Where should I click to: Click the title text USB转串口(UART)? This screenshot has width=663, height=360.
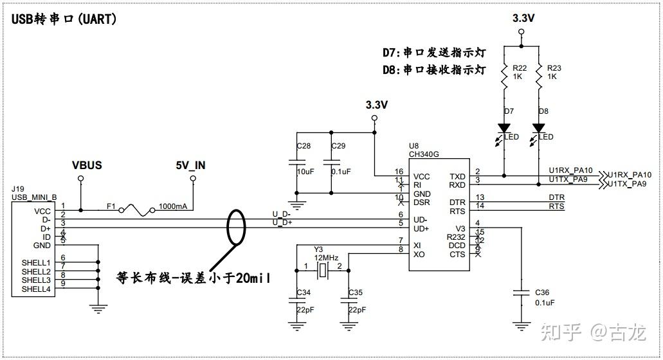pyautogui.click(x=64, y=19)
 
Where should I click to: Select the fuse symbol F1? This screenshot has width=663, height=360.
pyautogui.click(x=137, y=210)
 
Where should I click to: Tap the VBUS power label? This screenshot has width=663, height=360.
pyautogui.click(x=87, y=165)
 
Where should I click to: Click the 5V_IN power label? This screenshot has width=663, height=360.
pyautogui.click(x=191, y=165)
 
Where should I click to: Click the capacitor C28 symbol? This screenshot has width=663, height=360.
pyautogui.click(x=296, y=164)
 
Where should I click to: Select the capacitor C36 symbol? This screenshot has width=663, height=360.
pyautogui.click(x=520, y=293)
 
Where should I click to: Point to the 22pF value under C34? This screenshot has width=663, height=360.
pyautogui.click(x=305, y=309)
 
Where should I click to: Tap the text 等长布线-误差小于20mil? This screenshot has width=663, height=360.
pyautogui.click(x=193, y=278)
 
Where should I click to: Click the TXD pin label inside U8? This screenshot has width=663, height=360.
pyautogui.click(x=457, y=177)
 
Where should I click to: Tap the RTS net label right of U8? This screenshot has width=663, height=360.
pyautogui.click(x=556, y=206)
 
